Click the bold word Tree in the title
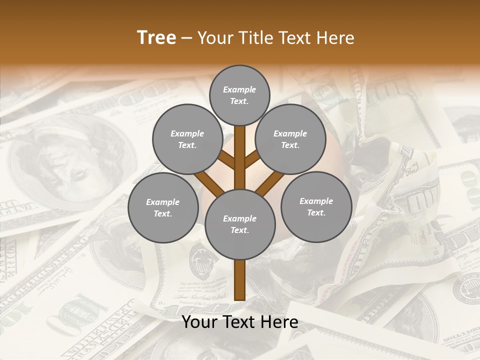tap(156, 37)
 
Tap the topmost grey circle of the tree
tap(239, 95)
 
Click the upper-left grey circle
tap(187, 139)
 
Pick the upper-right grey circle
tap(290, 139)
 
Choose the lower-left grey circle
tap(162, 207)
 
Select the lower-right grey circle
tap(316, 206)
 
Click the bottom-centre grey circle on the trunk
tap(239, 224)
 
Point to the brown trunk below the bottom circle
tap(239, 280)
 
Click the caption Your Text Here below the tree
tap(239, 322)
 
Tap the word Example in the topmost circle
tap(239, 89)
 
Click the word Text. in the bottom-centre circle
tap(239, 230)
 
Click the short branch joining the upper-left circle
tap(227, 161)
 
